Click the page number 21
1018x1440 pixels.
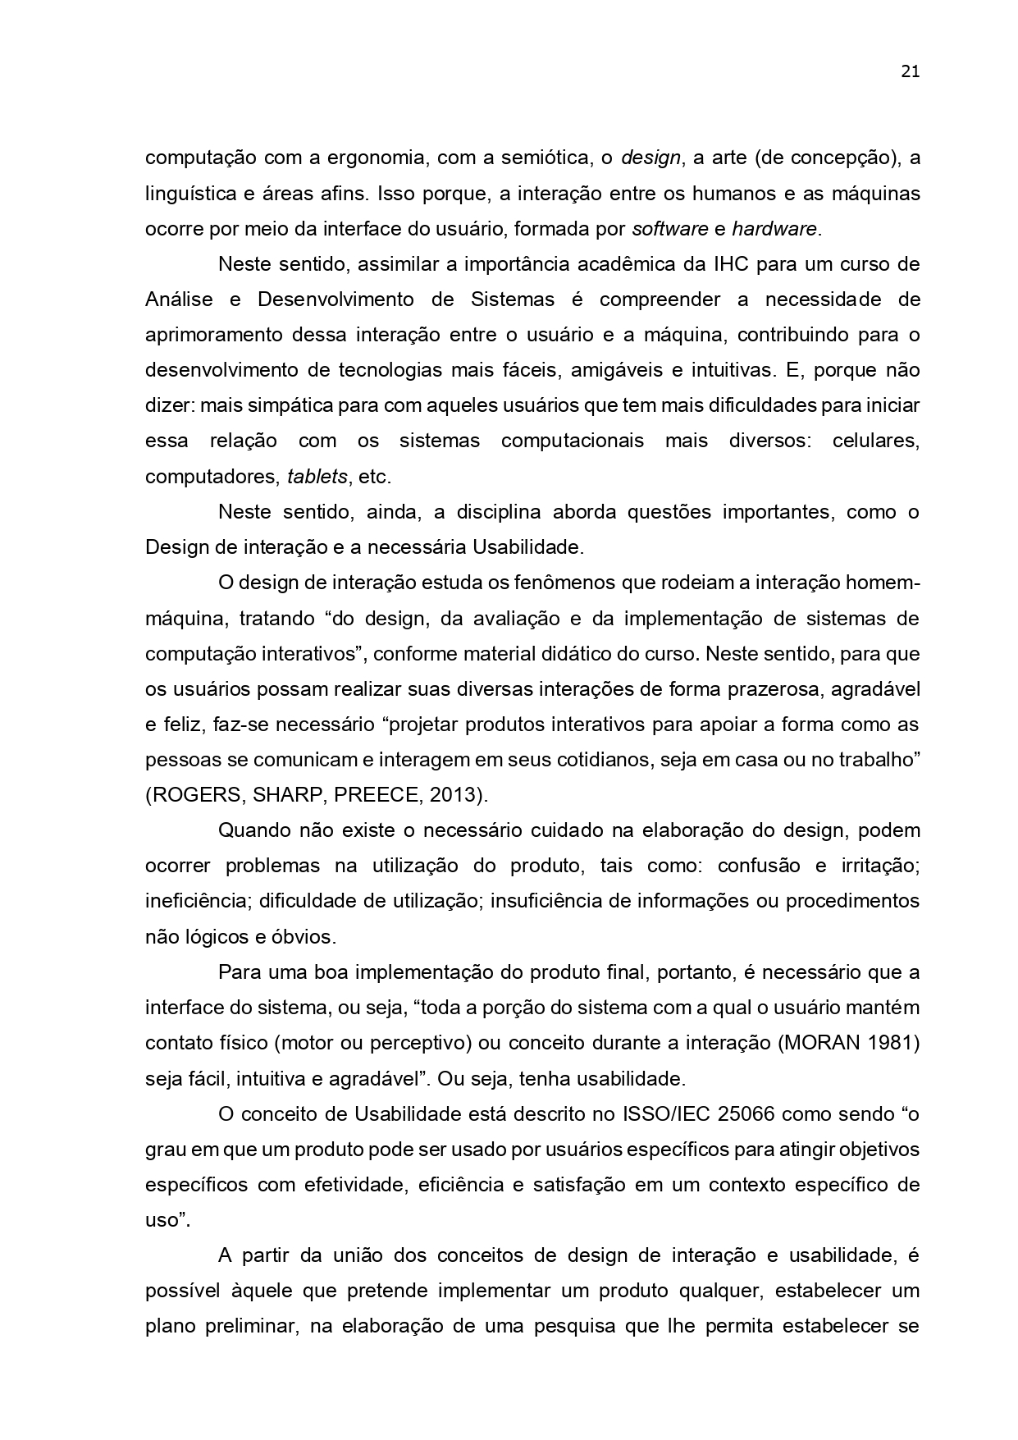point(910,71)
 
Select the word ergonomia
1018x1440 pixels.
point(372,158)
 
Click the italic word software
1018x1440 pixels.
point(669,229)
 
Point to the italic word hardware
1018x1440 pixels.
point(774,229)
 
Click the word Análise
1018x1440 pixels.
point(179,299)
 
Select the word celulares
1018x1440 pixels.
point(875,441)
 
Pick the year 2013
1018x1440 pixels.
point(450,796)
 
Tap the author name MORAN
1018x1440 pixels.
point(823,1043)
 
